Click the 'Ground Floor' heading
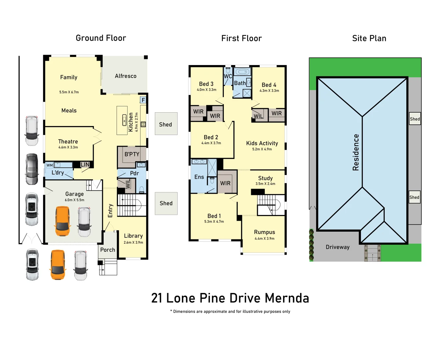point(101,38)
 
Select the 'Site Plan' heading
point(369,38)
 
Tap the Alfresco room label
point(126,76)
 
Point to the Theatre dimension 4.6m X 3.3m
point(68,147)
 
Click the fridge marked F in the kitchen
point(143,100)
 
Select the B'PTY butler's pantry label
point(132,154)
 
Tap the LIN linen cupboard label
point(85,165)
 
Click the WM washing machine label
point(50,165)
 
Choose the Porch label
point(108,250)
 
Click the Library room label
point(133,236)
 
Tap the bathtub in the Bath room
point(242,72)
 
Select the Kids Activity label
point(262,143)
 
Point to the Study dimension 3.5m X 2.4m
point(265,184)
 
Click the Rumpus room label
point(264,232)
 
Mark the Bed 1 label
point(214,216)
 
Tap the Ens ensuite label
point(199,177)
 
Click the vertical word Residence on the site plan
point(356,152)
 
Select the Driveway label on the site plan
point(337,247)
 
